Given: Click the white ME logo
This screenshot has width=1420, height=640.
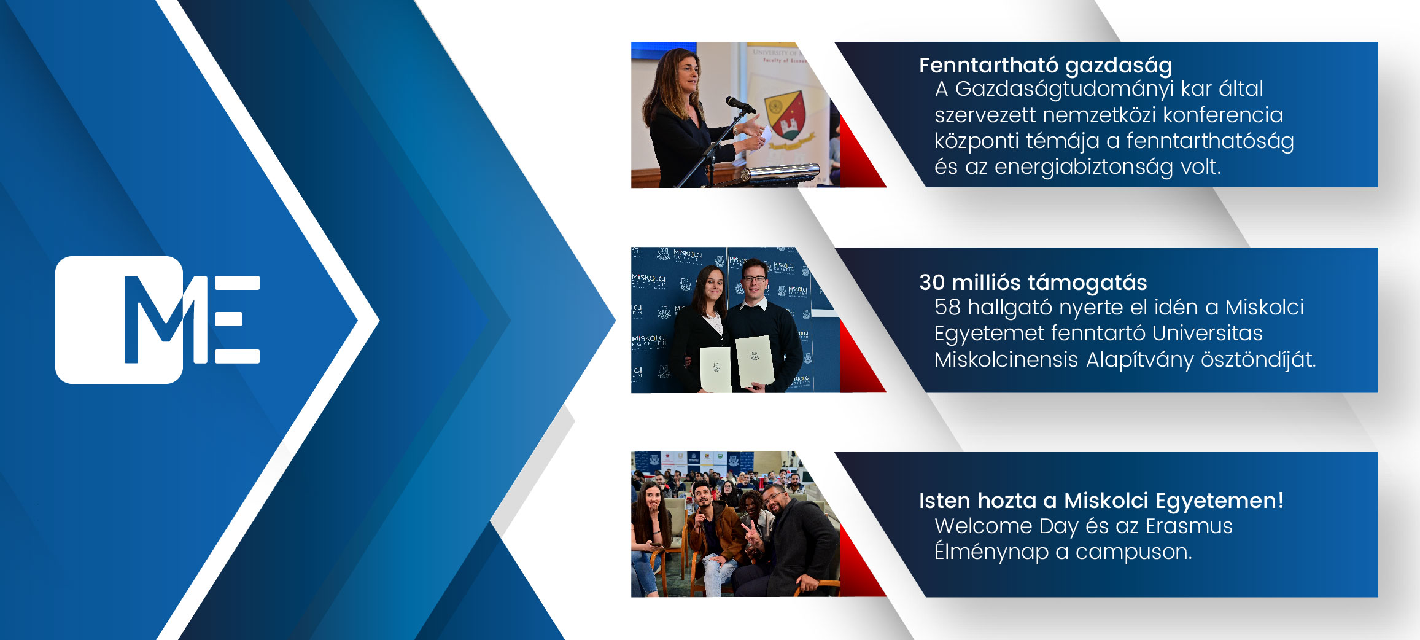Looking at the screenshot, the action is (x=158, y=319).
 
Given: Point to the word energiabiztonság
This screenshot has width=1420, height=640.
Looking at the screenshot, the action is (x=1084, y=167).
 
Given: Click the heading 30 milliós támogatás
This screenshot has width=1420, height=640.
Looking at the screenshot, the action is (x=1033, y=283).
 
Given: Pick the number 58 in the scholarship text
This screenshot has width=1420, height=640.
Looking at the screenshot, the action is (x=947, y=307).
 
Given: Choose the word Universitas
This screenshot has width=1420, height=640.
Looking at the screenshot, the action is (x=1207, y=334).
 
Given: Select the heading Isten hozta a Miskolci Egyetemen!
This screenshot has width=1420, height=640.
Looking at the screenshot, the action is (x=1101, y=501).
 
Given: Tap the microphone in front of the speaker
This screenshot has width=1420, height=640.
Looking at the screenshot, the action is (x=740, y=104).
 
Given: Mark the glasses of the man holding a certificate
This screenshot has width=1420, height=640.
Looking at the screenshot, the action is (x=755, y=279).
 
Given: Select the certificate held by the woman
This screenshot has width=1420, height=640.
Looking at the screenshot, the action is (x=716, y=369).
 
